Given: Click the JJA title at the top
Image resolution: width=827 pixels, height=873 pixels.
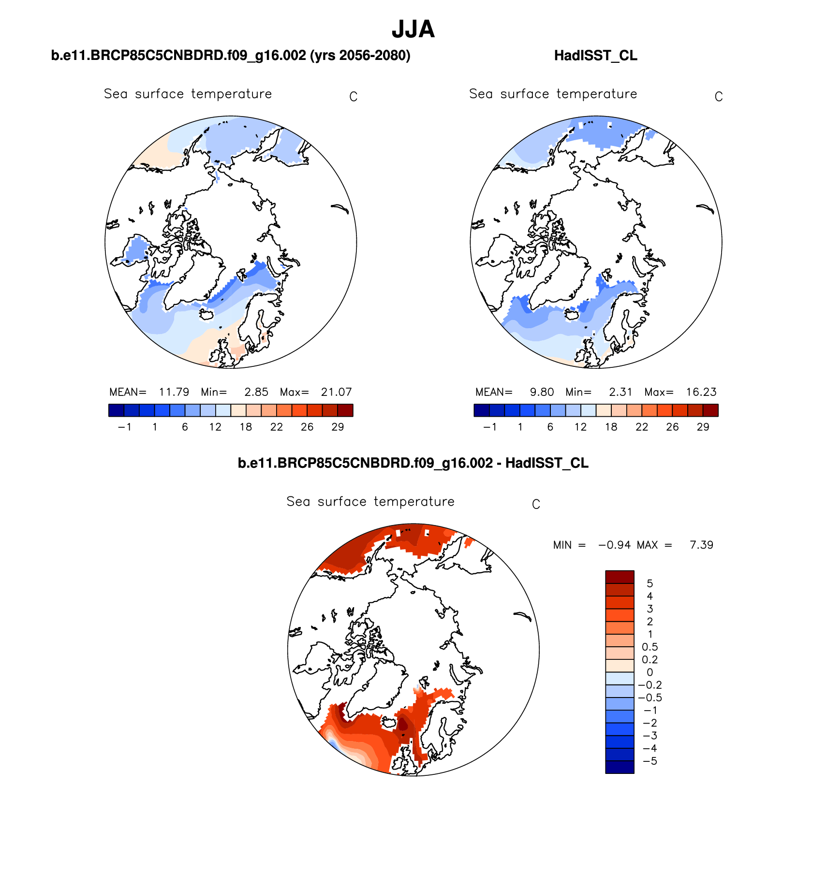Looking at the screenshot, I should [x=413, y=29].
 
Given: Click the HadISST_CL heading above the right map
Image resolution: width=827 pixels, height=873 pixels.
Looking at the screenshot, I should [x=595, y=56].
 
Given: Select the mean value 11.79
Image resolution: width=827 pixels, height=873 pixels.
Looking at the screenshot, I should [x=174, y=392].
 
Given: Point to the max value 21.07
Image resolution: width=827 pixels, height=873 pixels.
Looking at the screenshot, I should [x=336, y=392].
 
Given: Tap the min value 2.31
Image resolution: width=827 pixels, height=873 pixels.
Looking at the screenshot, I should [x=620, y=392].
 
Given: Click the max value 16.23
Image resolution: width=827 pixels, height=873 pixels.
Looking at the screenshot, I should [x=701, y=392].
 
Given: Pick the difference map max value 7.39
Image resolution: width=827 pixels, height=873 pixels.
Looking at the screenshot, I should [x=701, y=545].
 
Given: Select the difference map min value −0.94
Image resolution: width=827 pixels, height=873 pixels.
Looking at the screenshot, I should [x=614, y=545].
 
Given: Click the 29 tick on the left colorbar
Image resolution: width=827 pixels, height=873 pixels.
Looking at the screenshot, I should [x=338, y=427].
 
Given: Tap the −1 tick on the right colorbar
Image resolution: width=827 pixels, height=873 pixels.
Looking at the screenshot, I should [x=489, y=427].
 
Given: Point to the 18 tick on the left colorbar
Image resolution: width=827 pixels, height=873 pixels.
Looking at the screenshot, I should [x=246, y=427].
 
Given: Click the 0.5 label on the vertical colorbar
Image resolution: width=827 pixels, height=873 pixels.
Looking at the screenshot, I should [x=650, y=647].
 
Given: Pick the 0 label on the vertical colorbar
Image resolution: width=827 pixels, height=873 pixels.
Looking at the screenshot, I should [x=650, y=672].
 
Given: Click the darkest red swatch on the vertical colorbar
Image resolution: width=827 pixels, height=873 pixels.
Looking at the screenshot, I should [x=620, y=577].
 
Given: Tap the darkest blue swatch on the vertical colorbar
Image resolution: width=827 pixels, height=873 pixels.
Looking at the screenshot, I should [x=620, y=767].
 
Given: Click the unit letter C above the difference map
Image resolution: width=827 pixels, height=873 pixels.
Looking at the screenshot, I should [x=536, y=504].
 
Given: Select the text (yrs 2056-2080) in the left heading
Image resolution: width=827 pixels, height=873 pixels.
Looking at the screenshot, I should [x=360, y=56].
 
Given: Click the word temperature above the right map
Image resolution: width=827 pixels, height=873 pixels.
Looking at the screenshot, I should [x=596, y=94].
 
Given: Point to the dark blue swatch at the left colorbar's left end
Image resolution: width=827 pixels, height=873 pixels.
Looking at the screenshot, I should [x=117, y=410].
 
